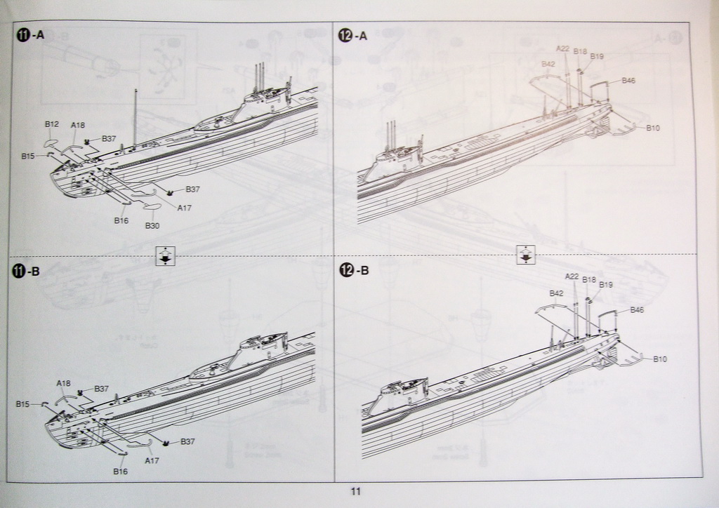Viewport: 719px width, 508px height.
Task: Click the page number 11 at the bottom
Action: [355, 492]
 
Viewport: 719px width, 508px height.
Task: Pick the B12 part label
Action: [51, 124]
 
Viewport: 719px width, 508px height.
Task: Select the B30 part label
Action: [152, 225]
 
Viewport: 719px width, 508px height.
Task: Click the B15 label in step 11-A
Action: [27, 155]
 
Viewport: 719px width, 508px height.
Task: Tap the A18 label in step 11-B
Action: [63, 383]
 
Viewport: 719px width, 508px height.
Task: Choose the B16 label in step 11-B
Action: [121, 472]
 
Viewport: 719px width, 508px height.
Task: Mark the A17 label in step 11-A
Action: [185, 208]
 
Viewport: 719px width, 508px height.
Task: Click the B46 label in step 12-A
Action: [628, 81]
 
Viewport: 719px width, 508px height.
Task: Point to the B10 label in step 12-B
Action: [660, 359]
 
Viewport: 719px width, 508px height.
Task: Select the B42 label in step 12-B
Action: [557, 293]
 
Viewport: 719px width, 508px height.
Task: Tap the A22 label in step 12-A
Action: [562, 48]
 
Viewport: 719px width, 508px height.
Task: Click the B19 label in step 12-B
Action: [606, 284]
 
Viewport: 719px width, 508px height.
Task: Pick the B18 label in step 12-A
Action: [580, 51]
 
